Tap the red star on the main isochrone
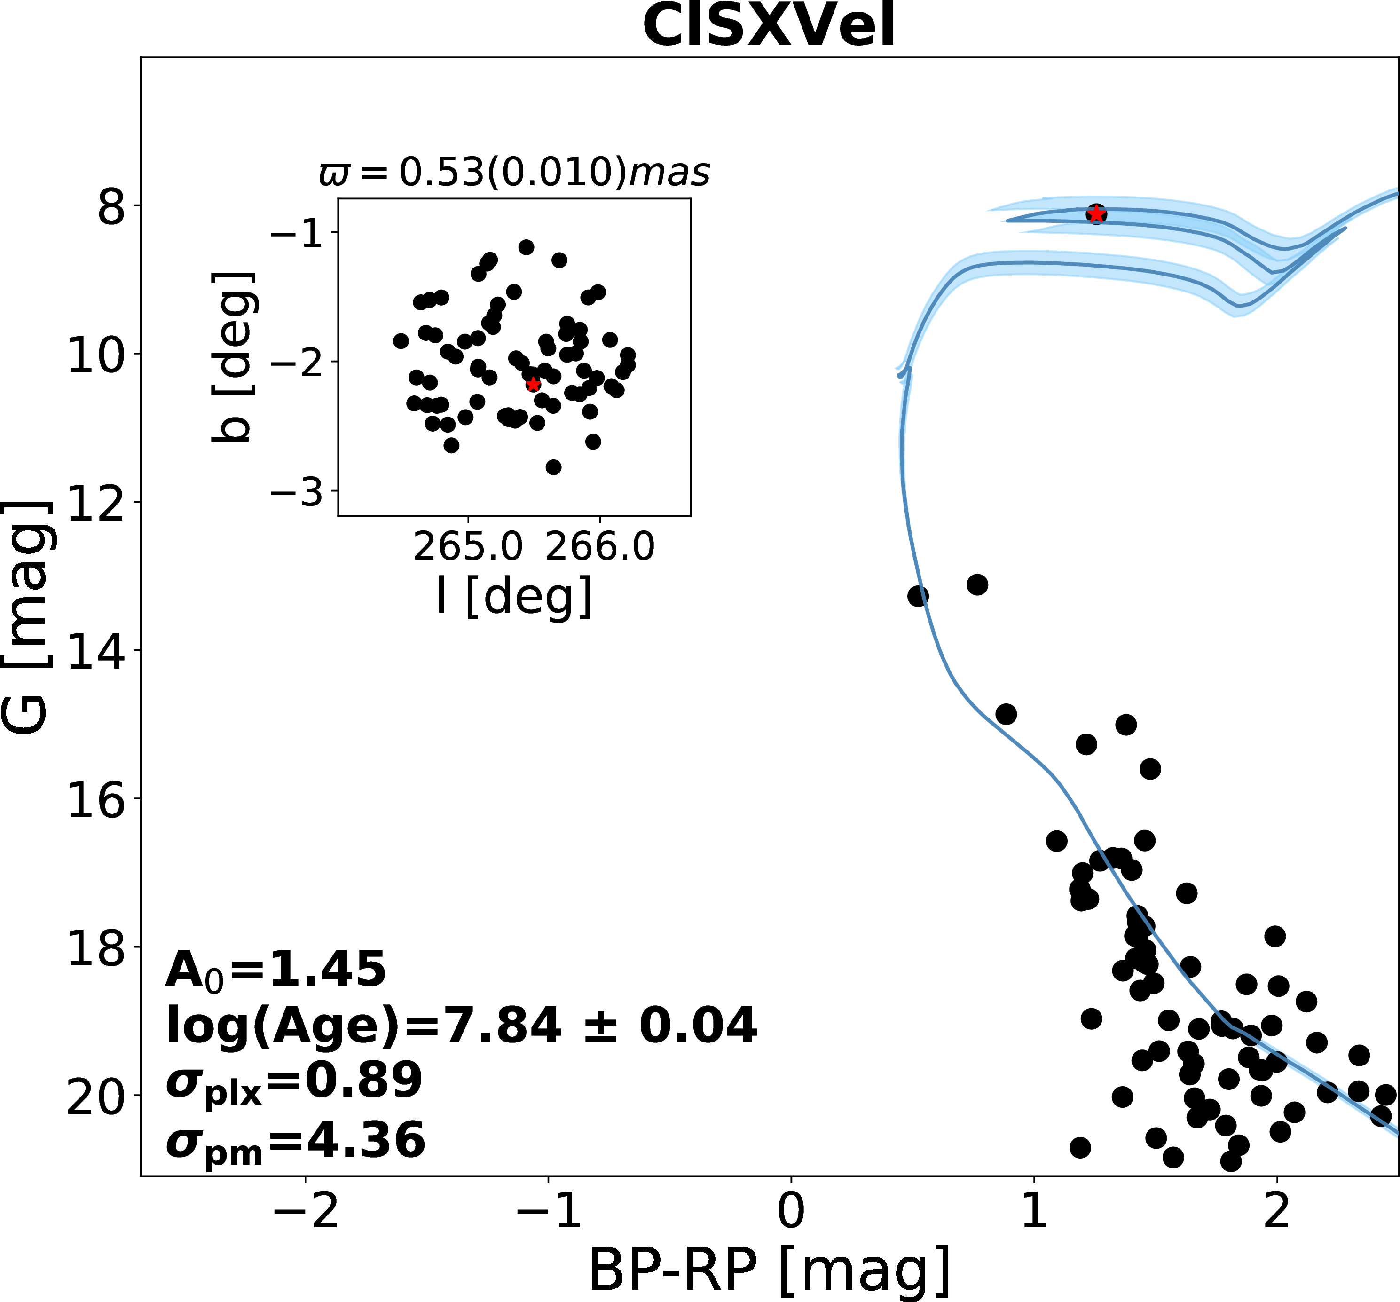pyautogui.click(x=1096, y=214)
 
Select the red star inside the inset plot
pyautogui.click(x=533, y=384)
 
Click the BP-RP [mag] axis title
pyautogui.click(x=769, y=1272)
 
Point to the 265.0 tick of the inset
pyautogui.click(x=468, y=547)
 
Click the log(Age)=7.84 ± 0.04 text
pyautogui.click(x=461, y=1025)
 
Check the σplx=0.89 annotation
pyautogui.click(x=294, y=1081)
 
